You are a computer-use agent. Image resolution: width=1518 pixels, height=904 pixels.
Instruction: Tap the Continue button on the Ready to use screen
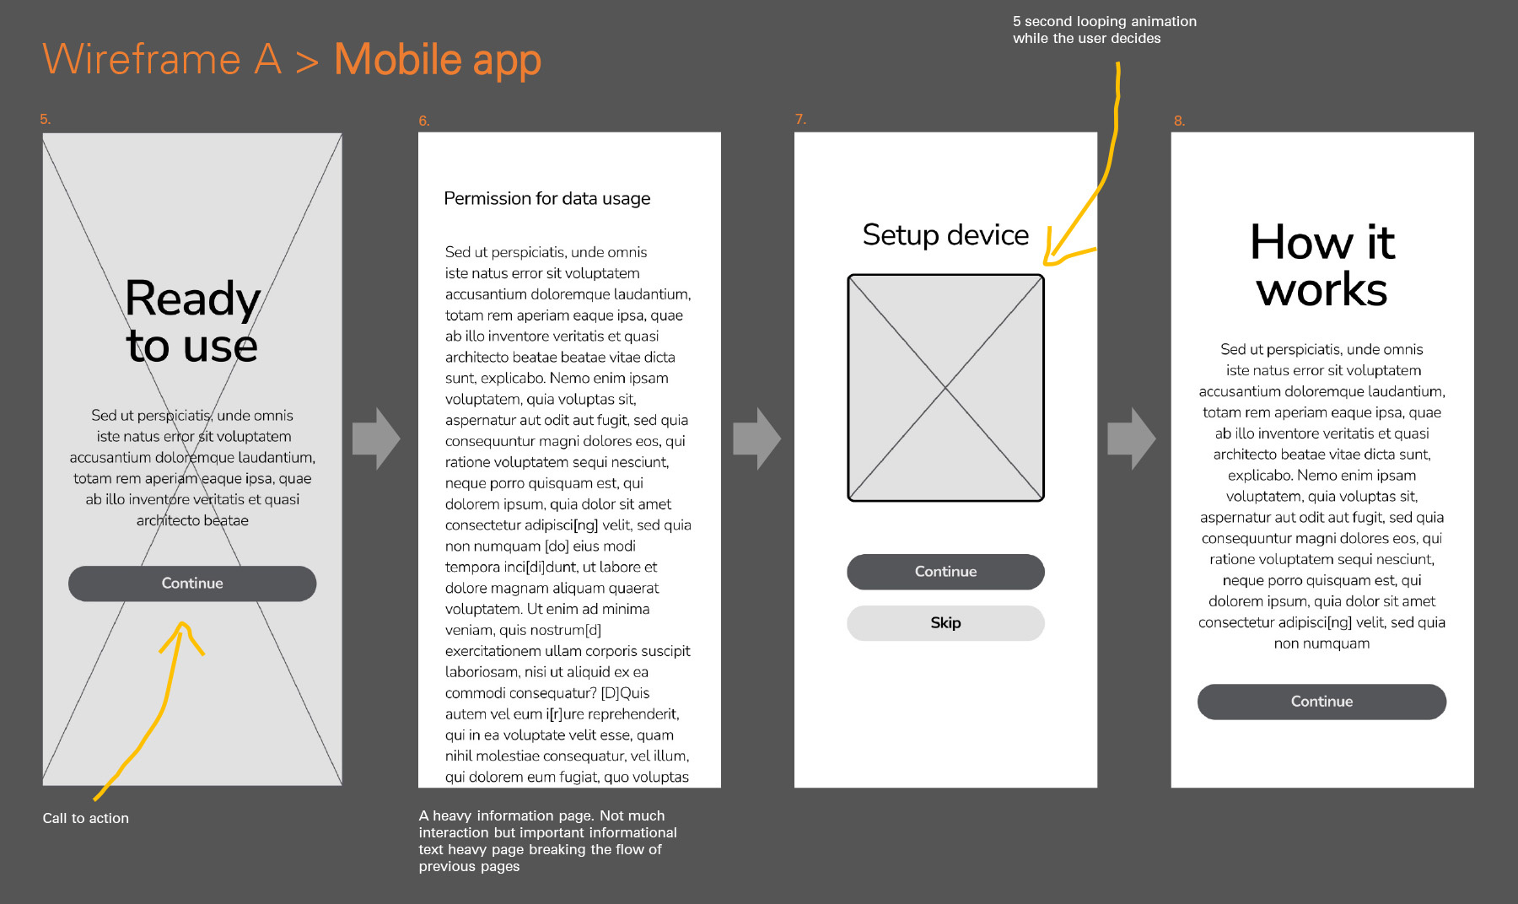click(192, 584)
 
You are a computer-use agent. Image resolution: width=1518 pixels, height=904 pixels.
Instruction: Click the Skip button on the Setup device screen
click(945, 623)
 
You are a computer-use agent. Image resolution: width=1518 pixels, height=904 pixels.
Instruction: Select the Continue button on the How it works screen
click(1322, 702)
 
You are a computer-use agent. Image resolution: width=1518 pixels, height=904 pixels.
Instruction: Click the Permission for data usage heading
click(547, 199)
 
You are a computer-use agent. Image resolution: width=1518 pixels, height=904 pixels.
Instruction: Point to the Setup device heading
click(945, 235)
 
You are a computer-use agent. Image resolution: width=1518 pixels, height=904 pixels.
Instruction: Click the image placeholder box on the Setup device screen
click(945, 388)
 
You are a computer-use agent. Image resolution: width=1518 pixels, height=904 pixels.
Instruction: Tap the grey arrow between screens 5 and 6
click(376, 439)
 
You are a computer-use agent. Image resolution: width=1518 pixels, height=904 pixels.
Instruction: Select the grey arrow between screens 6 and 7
click(756, 439)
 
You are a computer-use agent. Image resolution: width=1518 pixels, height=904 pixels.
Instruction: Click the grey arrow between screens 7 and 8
click(1132, 439)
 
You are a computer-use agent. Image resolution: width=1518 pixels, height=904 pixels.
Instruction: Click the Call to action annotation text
click(86, 818)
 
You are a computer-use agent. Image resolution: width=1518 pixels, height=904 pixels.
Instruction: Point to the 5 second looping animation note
click(1105, 30)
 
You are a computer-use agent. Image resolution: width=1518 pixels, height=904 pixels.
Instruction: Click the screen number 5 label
click(46, 119)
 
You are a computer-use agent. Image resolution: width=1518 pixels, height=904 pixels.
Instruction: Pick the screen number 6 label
click(424, 121)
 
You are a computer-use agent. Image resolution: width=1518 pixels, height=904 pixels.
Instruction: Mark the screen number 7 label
click(800, 119)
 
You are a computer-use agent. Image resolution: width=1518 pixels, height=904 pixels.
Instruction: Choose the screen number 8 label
click(1179, 121)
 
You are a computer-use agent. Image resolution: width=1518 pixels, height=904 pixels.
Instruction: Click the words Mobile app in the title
click(438, 60)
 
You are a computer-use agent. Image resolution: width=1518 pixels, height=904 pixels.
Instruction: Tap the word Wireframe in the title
click(142, 59)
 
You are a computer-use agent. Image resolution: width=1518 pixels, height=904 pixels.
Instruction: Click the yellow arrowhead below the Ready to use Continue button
click(182, 638)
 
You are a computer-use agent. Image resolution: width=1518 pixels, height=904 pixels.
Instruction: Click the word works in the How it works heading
click(1322, 290)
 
